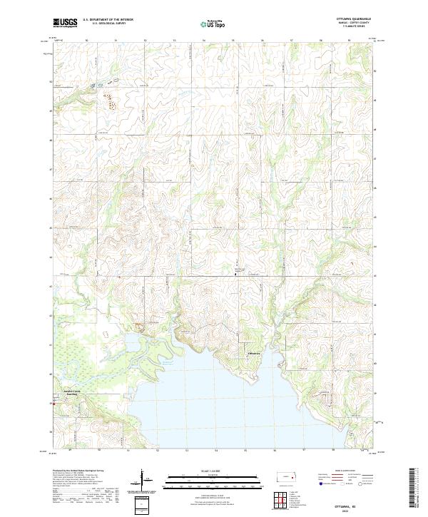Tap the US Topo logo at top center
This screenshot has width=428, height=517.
(x=213, y=24)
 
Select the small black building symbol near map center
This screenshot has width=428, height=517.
(x=237, y=273)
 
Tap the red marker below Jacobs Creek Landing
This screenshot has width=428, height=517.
(x=51, y=403)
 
